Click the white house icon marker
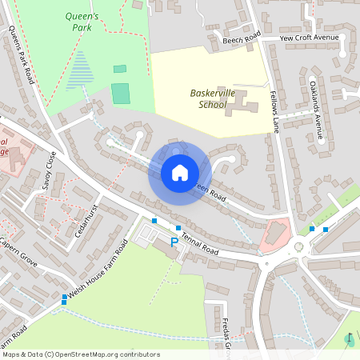(x=180, y=173)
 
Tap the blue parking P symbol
(x=174, y=241)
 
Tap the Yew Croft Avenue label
(x=310, y=38)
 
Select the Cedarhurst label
(x=84, y=216)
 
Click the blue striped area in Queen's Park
(x=79, y=70)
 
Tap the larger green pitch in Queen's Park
(x=120, y=93)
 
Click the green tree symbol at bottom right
(x=349, y=340)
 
